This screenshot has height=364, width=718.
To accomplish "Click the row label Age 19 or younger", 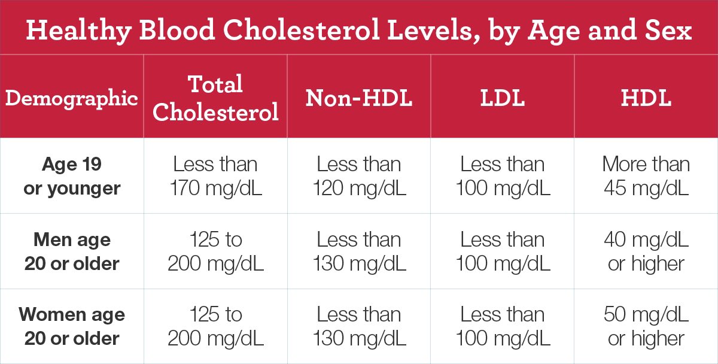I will pyautogui.click(x=72, y=176).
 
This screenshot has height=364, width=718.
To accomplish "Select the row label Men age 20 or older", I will pyautogui.click(x=72, y=251).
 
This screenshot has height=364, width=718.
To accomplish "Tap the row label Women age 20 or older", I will pyautogui.click(x=72, y=326).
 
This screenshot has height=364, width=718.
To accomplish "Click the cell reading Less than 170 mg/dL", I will pyautogui.click(x=215, y=176).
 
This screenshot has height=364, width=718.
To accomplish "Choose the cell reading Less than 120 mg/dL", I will pyautogui.click(x=359, y=176).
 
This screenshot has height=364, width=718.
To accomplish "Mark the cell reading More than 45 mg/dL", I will pyautogui.click(x=646, y=176).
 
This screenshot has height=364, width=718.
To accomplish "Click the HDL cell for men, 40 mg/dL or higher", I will pyautogui.click(x=646, y=251).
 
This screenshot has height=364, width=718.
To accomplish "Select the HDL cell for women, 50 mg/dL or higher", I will pyautogui.click(x=646, y=326).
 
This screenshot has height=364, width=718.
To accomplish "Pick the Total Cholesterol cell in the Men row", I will pyautogui.click(x=215, y=251).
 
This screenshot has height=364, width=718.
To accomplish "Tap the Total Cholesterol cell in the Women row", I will pyautogui.click(x=215, y=326).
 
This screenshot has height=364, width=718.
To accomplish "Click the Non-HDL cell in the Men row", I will pyautogui.click(x=359, y=251).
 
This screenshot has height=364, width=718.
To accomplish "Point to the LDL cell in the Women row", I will pyautogui.click(x=503, y=326).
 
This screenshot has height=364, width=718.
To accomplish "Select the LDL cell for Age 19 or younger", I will pyautogui.click(x=503, y=176).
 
